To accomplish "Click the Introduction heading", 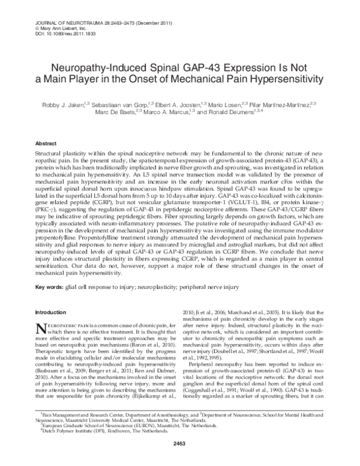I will pyautogui.click(x=53, y=312).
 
